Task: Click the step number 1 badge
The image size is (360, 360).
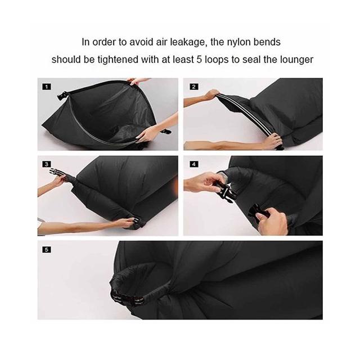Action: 47,87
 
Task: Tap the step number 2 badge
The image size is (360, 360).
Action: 194,87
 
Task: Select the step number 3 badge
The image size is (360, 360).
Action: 47,164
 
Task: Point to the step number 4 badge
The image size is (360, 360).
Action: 194,164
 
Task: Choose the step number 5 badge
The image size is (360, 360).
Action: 47,250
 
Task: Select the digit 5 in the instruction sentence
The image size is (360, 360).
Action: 199,60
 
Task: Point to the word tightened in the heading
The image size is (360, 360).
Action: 119,60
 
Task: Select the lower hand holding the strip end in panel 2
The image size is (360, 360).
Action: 273,141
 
